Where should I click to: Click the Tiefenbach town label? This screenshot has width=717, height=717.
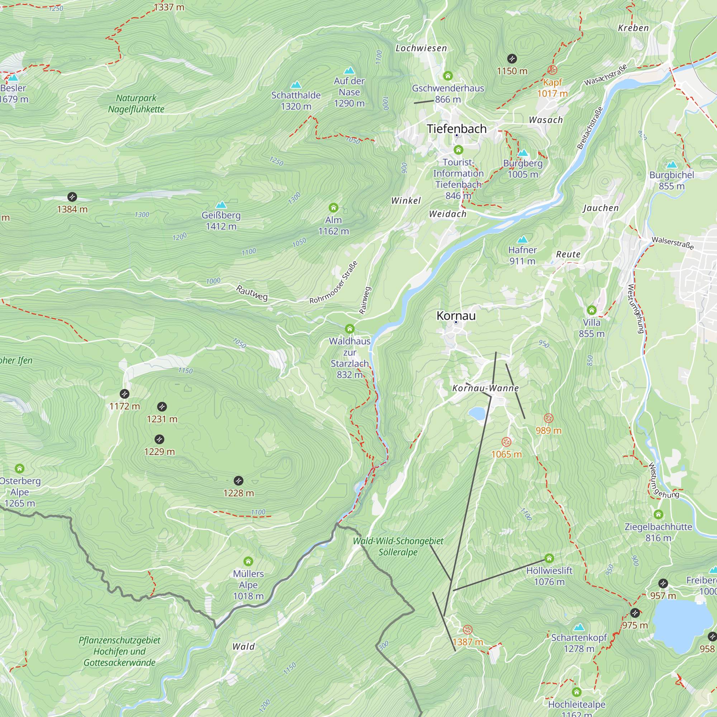456,129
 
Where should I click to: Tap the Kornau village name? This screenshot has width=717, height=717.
456,316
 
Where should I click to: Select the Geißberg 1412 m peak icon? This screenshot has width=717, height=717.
221,205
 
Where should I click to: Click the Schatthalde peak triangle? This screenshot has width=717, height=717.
296,85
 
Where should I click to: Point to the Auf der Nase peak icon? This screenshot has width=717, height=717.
349,71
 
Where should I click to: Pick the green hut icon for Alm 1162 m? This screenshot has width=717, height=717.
333,208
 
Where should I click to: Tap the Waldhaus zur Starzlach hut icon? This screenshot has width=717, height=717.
350,329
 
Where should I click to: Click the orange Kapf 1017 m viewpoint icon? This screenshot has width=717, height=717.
552,70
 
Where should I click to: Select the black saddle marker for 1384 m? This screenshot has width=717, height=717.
72,197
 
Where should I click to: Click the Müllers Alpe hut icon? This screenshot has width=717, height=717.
248,561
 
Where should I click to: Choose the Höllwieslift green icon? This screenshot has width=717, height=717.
549,558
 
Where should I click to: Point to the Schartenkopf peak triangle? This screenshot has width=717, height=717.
579,627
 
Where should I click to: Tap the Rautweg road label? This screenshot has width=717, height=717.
252,293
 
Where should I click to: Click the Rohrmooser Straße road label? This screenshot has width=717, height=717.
334,282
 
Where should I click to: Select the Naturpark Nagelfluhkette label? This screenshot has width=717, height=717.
136,104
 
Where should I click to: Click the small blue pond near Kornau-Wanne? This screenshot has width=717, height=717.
477,413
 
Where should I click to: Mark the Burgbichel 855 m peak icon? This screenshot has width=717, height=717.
672,165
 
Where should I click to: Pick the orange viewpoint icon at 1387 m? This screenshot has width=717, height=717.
467,630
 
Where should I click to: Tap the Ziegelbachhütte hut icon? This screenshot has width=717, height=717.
658,514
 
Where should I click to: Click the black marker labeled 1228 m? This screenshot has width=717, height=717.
239,481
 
